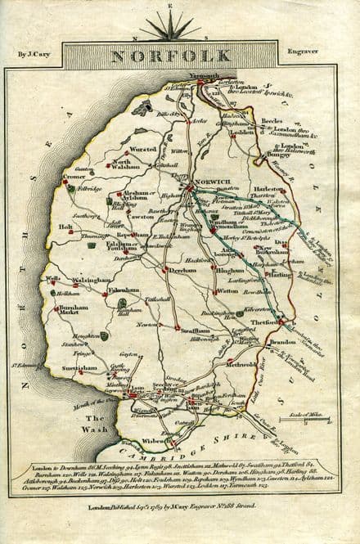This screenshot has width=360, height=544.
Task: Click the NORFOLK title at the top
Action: point(178,58)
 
